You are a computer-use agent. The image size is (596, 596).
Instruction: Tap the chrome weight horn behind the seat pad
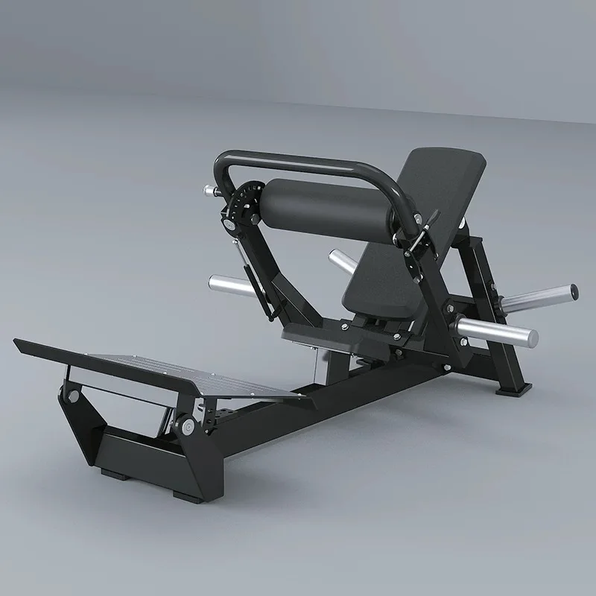coord(345,261)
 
